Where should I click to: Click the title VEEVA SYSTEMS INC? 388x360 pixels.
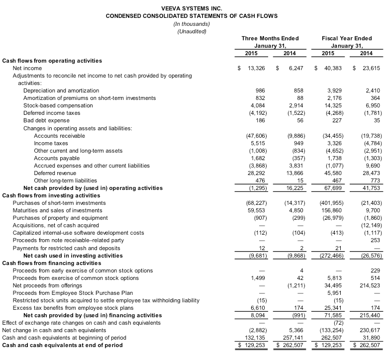pyautogui.click(x=192, y=8)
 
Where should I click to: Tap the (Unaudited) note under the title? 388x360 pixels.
pyautogui.click(x=192, y=31)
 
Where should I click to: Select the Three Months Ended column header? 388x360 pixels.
pyautogui.click(x=270, y=38)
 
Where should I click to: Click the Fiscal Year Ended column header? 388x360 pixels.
pyautogui.click(x=347, y=38)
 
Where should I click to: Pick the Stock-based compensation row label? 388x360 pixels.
pyautogui.click(x=58, y=105)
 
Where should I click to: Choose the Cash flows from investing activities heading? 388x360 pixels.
pyautogui.click(x=52, y=195)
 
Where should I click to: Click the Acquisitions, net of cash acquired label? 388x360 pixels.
pyautogui.click(x=56, y=225)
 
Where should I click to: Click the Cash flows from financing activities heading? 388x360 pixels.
pyautogui.click(x=52, y=263)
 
